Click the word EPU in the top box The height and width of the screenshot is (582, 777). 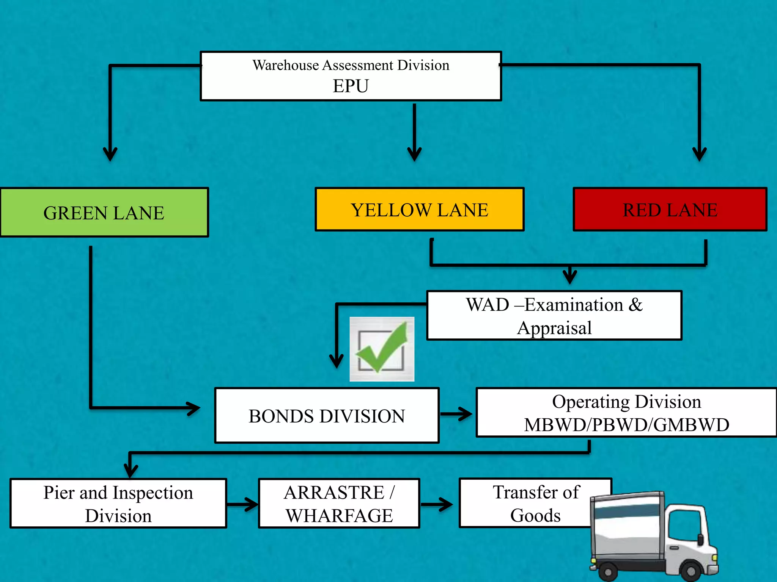351,86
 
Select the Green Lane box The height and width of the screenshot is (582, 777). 104,213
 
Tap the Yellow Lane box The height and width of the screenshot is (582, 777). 419,210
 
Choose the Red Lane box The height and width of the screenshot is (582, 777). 670,210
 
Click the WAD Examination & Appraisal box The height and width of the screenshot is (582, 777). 554,316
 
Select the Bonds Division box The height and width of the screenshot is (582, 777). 327,416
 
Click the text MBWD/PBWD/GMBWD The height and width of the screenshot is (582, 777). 626,425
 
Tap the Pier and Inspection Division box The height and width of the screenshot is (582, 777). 118,504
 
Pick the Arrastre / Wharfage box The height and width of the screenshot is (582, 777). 339,504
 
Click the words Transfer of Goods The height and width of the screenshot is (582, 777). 535,504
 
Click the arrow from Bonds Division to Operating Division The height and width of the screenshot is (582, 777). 456,414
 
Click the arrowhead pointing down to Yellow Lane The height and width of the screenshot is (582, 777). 414,153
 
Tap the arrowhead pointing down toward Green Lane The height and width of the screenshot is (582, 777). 110,153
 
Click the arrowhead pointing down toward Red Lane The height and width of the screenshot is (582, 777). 699,153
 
